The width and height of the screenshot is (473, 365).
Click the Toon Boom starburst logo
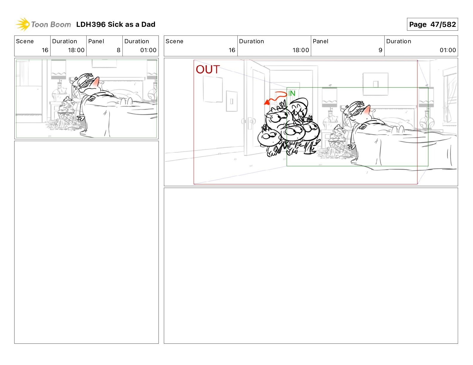tap(23, 24)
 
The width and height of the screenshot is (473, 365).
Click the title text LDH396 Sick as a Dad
tap(116, 24)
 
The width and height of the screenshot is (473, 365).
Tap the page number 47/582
tap(443, 24)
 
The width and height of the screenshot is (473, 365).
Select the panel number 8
tap(119, 50)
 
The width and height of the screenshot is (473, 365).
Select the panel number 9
tap(380, 50)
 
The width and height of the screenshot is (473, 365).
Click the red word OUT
tap(208, 69)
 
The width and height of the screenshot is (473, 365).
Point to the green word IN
tap(292, 93)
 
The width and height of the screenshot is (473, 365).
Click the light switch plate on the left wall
tap(232, 101)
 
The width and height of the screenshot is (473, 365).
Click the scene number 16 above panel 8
tap(45, 50)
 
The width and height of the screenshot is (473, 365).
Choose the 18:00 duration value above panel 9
tap(301, 50)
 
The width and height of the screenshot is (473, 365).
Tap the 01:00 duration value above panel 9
tap(448, 50)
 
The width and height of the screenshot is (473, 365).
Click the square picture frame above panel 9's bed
tap(375, 84)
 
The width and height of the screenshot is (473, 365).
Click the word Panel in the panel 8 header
tap(96, 41)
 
